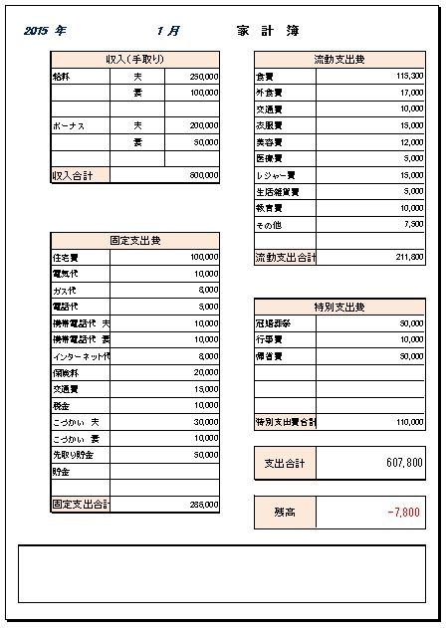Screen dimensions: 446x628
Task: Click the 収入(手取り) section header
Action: tap(134, 60)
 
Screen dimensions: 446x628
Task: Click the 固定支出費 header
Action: tap(134, 241)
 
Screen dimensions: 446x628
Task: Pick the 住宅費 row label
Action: tap(65, 257)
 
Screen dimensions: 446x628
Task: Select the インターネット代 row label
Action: tap(79, 356)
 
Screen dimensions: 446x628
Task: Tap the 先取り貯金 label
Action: tap(73, 455)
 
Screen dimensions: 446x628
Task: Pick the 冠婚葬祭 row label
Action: tap(273, 323)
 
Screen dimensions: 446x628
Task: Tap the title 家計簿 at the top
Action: tap(270, 31)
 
